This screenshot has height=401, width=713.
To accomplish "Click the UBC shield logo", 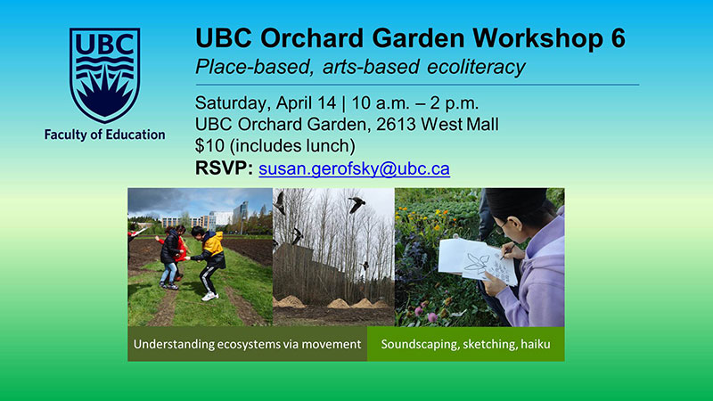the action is pos(104,75).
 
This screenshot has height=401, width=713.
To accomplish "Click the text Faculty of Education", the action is pos(104,135).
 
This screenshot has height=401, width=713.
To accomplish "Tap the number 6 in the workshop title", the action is pos(618,37).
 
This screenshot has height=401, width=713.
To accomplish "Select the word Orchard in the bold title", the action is pos(312,37).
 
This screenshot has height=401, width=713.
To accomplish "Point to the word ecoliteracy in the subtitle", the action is pos(476,67).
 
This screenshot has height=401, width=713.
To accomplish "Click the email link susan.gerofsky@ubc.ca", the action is pos(354,168).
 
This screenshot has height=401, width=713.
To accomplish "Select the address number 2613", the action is pos(395,125).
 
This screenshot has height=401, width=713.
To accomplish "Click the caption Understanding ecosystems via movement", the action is pos(248,344).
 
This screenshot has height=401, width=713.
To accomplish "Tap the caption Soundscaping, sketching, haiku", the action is pos(465,344).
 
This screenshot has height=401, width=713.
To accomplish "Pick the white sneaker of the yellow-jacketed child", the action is pos(209,297).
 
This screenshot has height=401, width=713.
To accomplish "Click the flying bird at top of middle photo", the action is pos(357,204).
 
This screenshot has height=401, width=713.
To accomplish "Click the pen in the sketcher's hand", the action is pos(507,251).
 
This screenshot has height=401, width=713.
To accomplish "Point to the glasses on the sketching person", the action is pos(501,227).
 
